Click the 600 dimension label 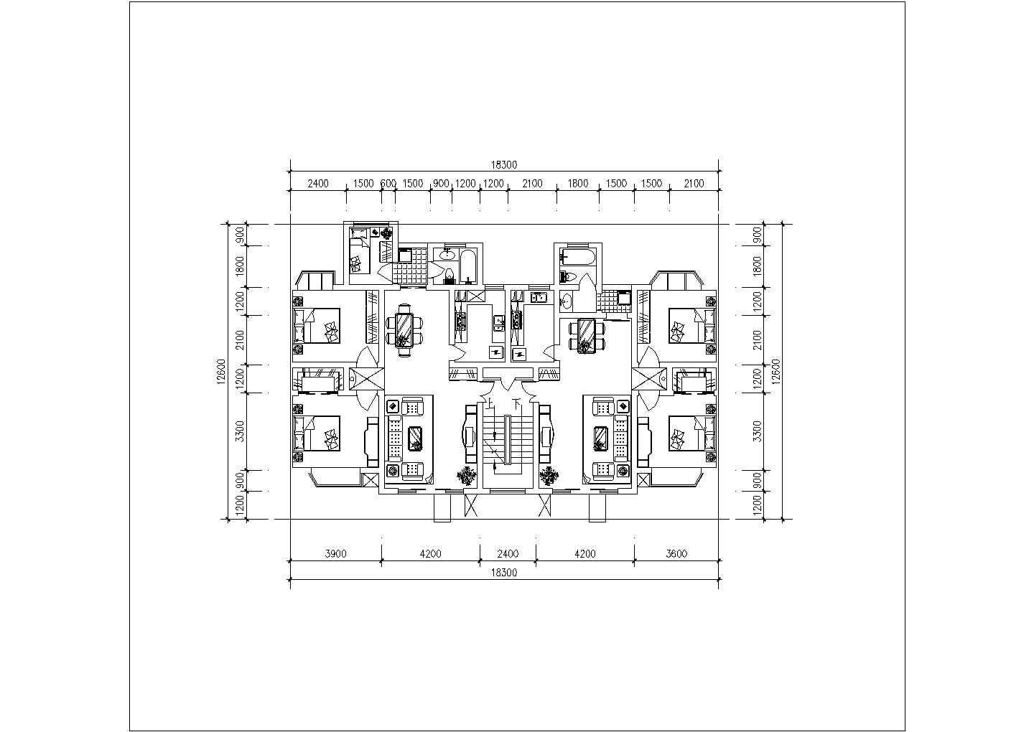click(x=388, y=184)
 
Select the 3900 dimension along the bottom click(x=335, y=553)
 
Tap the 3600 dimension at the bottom click(x=676, y=553)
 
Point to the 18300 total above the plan click(x=503, y=164)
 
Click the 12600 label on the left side click(x=221, y=372)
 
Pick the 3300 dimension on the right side click(x=757, y=431)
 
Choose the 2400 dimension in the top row click(x=318, y=184)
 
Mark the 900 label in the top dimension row click(x=441, y=184)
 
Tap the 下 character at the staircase click(x=516, y=403)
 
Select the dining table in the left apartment click(x=404, y=329)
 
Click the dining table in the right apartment click(x=587, y=335)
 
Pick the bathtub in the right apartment click(x=576, y=256)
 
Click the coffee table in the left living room click(x=416, y=438)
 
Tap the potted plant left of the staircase click(x=467, y=476)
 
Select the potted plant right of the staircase click(x=549, y=476)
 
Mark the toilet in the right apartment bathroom click(x=568, y=277)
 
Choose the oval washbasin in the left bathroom click(x=447, y=253)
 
